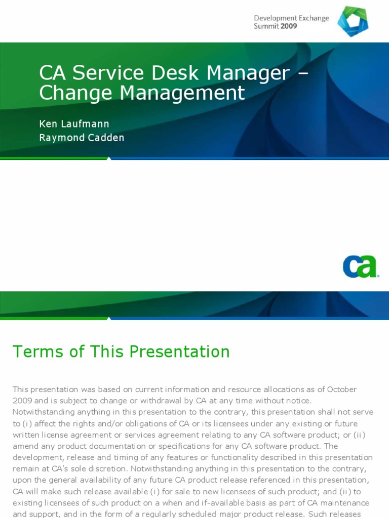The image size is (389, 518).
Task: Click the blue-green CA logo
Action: pyautogui.click(x=360, y=266)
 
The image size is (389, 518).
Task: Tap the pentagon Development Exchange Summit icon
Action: pyautogui.click(x=353, y=21)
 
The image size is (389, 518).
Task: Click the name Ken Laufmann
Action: pyautogui.click(x=74, y=124)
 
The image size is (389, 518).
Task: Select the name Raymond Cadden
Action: pyautogui.click(x=82, y=138)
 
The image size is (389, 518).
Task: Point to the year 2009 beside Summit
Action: pyautogui.click(x=289, y=26)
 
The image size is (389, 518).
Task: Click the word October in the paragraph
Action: pyautogui.click(x=342, y=390)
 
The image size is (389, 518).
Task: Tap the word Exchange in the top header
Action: pyautogui.click(x=310, y=18)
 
